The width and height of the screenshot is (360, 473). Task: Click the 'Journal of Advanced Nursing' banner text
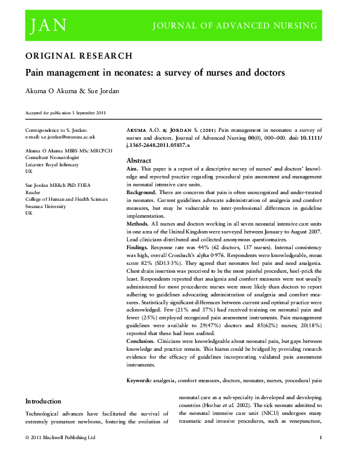click(x=234, y=25)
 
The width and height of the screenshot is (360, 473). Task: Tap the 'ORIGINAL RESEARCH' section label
click(x=79, y=56)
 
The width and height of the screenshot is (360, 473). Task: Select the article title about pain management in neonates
click(x=154, y=73)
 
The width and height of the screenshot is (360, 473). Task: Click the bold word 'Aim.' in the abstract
click(x=133, y=169)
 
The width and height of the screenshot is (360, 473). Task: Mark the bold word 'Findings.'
click(x=138, y=248)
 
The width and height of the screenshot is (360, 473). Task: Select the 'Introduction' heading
click(x=43, y=401)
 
